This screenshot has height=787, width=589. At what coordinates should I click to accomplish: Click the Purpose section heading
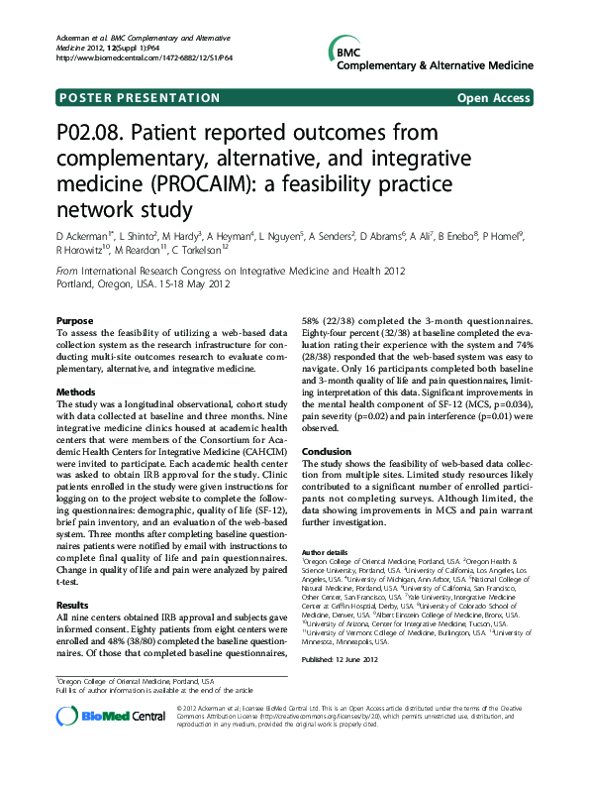click(x=75, y=321)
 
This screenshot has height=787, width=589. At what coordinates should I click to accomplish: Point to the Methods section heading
click(x=77, y=393)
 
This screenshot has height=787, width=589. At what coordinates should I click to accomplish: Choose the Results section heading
click(x=74, y=604)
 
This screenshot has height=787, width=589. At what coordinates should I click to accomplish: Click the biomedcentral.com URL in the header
click(x=145, y=57)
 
